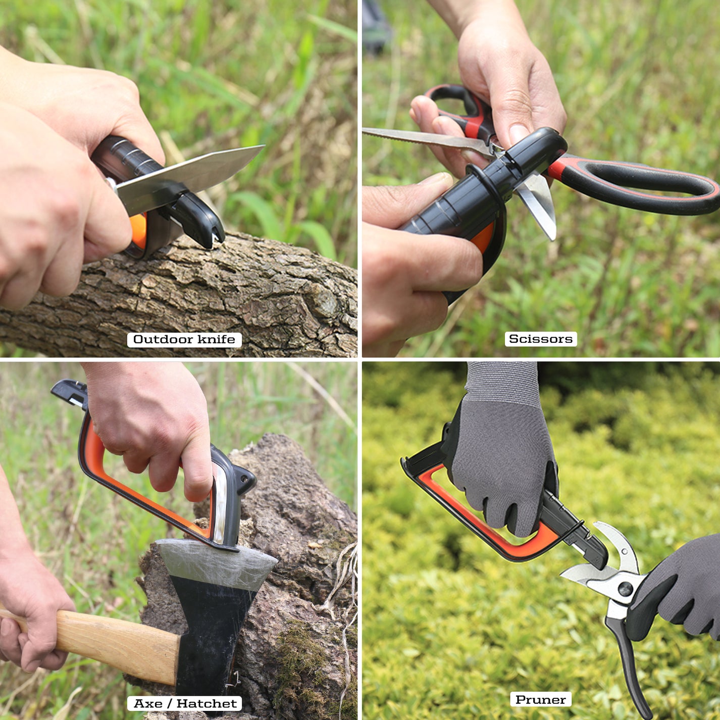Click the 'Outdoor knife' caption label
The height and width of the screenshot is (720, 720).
pos(184,339)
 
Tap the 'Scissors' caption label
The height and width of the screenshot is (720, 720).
pos(540,339)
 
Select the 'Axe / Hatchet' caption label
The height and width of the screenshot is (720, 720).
pos(185,703)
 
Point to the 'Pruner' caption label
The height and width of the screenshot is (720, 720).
pos(540,699)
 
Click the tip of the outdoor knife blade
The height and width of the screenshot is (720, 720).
pos(260,148)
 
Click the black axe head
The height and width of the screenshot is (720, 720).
pos(212,631)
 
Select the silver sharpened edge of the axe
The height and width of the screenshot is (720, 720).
pos(217,560)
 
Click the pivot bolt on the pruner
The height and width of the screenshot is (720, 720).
pos(625,589)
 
